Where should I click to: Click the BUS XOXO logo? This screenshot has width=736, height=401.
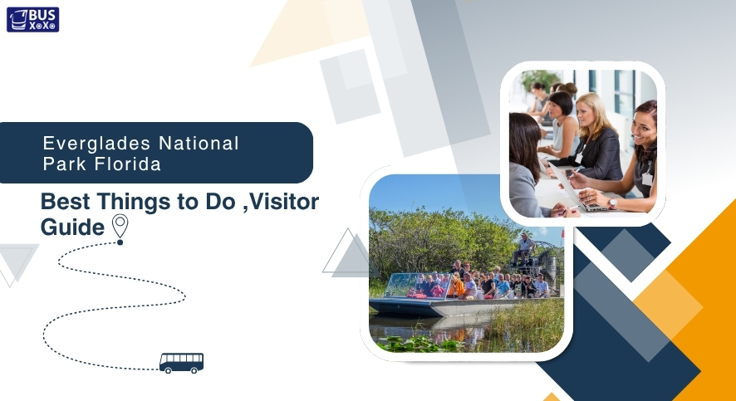[x=33, y=20]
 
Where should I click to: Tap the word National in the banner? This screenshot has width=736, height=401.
[x=199, y=143]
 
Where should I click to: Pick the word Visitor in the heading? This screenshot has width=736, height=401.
[x=283, y=202]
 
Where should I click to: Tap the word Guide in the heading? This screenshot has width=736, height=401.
[x=72, y=227]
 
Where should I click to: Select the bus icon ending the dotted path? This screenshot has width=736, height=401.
[x=181, y=363]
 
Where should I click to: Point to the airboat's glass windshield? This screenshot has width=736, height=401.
[x=417, y=285]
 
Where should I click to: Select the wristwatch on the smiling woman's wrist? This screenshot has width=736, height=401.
[x=612, y=203]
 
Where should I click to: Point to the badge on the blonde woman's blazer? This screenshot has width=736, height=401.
[x=579, y=158]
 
